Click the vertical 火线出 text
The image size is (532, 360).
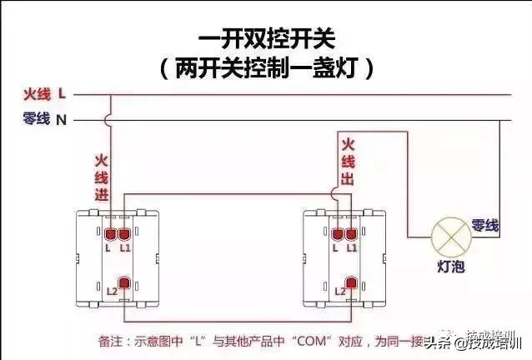coord(349,163)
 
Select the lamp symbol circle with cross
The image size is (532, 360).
coord(449,236)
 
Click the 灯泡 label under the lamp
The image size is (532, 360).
coord(451,267)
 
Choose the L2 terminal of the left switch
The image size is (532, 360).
coord(124,286)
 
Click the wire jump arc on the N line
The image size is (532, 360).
coord(109,120)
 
